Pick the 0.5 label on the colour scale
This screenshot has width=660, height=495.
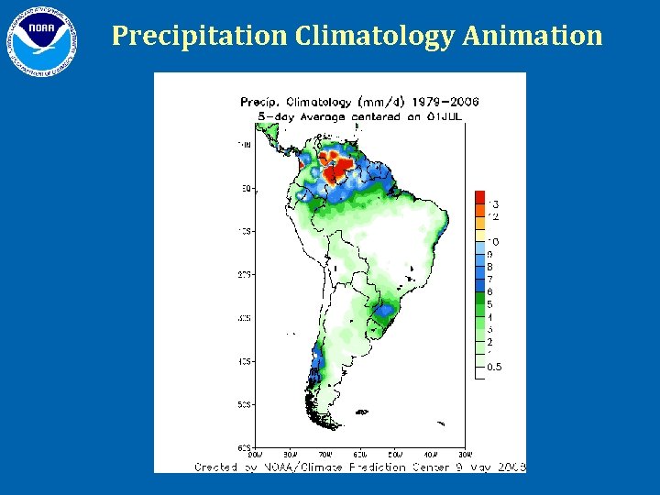click(x=494, y=367)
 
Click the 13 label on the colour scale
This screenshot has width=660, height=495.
click(x=493, y=203)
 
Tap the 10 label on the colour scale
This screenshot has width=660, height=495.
click(x=493, y=241)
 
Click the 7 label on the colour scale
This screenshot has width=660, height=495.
click(x=489, y=279)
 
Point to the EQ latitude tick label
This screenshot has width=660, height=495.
click(x=247, y=188)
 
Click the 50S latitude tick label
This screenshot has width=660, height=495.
click(x=246, y=403)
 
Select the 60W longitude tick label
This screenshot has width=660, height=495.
click(x=361, y=453)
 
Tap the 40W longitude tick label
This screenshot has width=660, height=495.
click(x=431, y=453)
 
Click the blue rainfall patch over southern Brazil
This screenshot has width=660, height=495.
click(x=383, y=316)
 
